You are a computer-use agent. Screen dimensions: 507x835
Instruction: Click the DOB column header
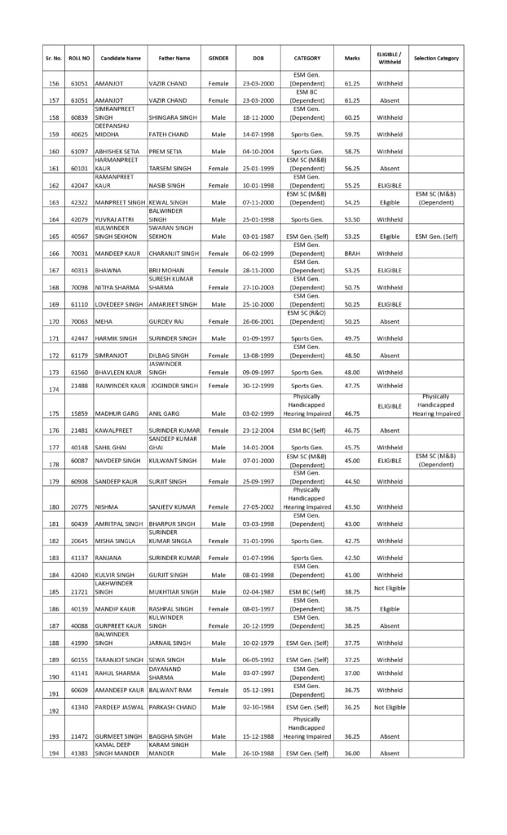[258, 59]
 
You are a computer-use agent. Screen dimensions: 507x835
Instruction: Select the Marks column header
[351, 59]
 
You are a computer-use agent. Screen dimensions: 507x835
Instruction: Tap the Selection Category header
[436, 59]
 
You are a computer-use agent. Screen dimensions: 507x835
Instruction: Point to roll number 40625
[78, 135]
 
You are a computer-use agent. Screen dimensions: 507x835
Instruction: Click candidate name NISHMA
[108, 506]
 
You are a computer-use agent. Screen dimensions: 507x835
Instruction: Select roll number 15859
[78, 413]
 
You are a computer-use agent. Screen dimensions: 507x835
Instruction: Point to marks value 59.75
[351, 135]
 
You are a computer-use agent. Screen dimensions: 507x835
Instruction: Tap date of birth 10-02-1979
[258, 642]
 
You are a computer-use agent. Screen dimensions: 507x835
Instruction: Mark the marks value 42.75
[351, 540]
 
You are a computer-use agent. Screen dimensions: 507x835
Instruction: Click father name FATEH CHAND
[169, 135]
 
